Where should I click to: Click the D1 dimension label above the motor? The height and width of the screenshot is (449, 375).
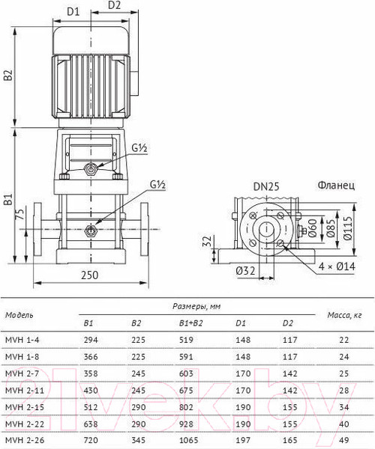point(73,12)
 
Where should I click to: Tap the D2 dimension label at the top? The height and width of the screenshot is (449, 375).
point(114,5)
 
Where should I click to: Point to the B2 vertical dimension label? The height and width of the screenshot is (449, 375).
point(9,75)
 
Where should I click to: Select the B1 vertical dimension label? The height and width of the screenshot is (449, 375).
point(9,199)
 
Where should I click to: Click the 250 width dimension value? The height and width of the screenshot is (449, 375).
point(89,275)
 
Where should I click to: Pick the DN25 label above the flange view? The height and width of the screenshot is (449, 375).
point(266,186)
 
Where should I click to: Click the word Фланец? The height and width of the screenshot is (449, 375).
point(336,186)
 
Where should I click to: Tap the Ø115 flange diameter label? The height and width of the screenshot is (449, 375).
point(347,228)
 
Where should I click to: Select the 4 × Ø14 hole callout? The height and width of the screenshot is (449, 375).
point(337,266)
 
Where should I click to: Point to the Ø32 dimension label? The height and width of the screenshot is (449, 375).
point(245,270)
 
